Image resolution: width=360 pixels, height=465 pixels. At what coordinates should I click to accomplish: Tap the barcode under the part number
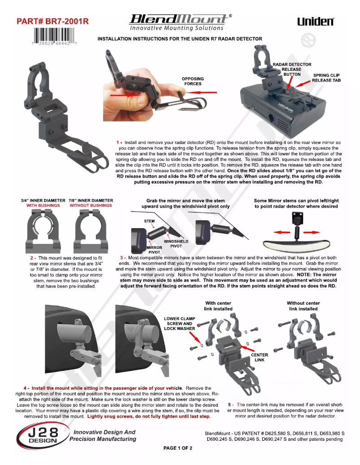click(54, 36)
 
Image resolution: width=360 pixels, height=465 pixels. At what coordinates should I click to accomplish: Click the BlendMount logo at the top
click(180, 22)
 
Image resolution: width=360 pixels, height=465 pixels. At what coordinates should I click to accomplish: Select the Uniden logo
click(316, 22)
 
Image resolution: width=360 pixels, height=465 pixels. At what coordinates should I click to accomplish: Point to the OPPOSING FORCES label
click(193, 81)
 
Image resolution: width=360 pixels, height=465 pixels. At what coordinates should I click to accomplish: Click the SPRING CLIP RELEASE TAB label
click(326, 78)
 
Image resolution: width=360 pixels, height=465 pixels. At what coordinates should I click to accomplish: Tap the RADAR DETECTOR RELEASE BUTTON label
click(292, 70)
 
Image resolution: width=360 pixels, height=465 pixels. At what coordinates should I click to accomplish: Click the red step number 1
click(118, 143)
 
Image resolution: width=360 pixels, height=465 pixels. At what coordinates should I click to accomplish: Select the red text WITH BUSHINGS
click(43, 205)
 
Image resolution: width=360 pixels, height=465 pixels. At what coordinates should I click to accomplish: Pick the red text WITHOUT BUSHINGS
click(91, 205)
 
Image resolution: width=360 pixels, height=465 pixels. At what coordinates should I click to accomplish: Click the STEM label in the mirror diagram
click(149, 221)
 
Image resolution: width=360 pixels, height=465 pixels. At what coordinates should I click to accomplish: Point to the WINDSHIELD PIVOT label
click(176, 243)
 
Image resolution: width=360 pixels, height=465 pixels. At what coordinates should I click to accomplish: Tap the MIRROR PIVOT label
click(154, 250)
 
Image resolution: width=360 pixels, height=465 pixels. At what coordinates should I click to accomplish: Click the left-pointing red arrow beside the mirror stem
click(281, 232)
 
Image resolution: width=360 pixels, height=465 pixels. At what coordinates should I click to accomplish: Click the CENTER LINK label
click(259, 357)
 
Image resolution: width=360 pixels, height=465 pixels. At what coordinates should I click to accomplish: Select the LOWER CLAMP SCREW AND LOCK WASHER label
click(180, 324)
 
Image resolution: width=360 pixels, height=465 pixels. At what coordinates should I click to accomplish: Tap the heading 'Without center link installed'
click(303, 306)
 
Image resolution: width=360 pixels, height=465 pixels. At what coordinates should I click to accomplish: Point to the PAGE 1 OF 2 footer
click(178, 448)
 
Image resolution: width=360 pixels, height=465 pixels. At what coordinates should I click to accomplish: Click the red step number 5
click(229, 405)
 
